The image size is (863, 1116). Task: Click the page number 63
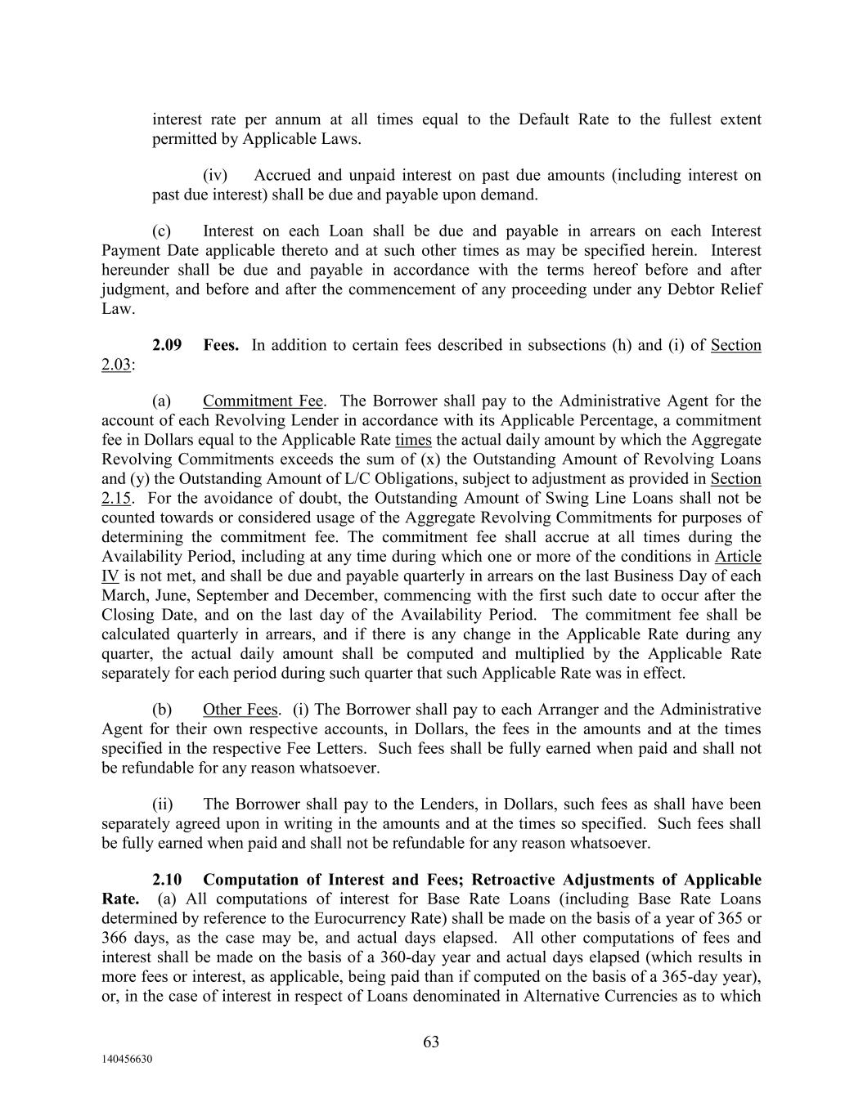click(x=431, y=1042)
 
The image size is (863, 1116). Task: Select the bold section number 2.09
click(x=167, y=345)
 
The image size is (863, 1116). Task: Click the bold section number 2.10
click(x=167, y=880)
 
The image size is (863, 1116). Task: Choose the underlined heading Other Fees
click(x=240, y=710)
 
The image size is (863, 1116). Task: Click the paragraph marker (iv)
click(x=215, y=176)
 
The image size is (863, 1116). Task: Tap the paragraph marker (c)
click(x=162, y=231)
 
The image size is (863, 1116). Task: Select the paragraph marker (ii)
click(x=162, y=805)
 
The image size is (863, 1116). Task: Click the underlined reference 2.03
click(x=115, y=365)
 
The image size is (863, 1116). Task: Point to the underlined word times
click(x=413, y=440)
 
